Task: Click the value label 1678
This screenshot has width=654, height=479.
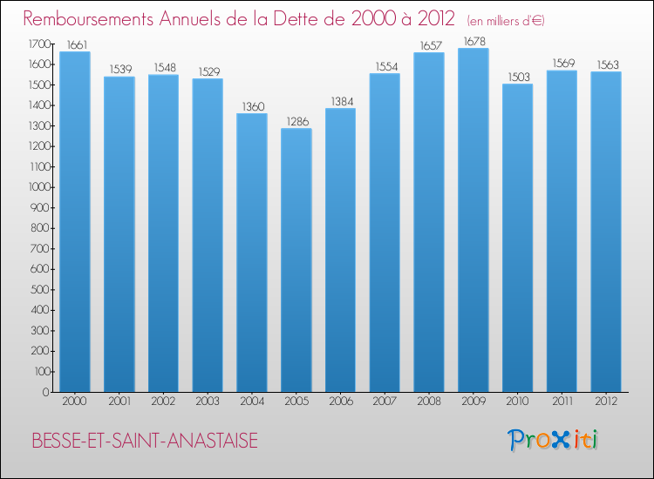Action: pyautogui.click(x=473, y=42)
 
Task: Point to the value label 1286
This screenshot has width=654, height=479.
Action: pyautogui.click(x=296, y=122)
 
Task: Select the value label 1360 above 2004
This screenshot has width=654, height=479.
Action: pyautogui.click(x=251, y=107)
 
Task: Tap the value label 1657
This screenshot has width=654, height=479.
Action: pyautogui.click(x=428, y=45)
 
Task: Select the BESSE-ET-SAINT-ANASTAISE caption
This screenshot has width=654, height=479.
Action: pyautogui.click(x=144, y=441)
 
